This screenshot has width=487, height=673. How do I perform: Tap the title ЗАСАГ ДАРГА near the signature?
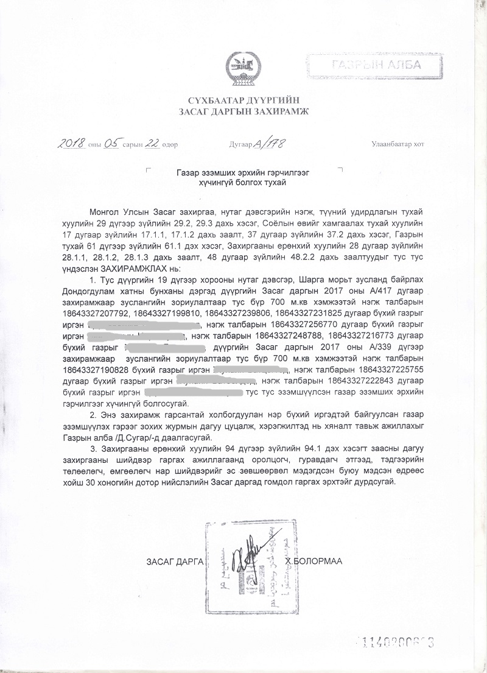(175, 560)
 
